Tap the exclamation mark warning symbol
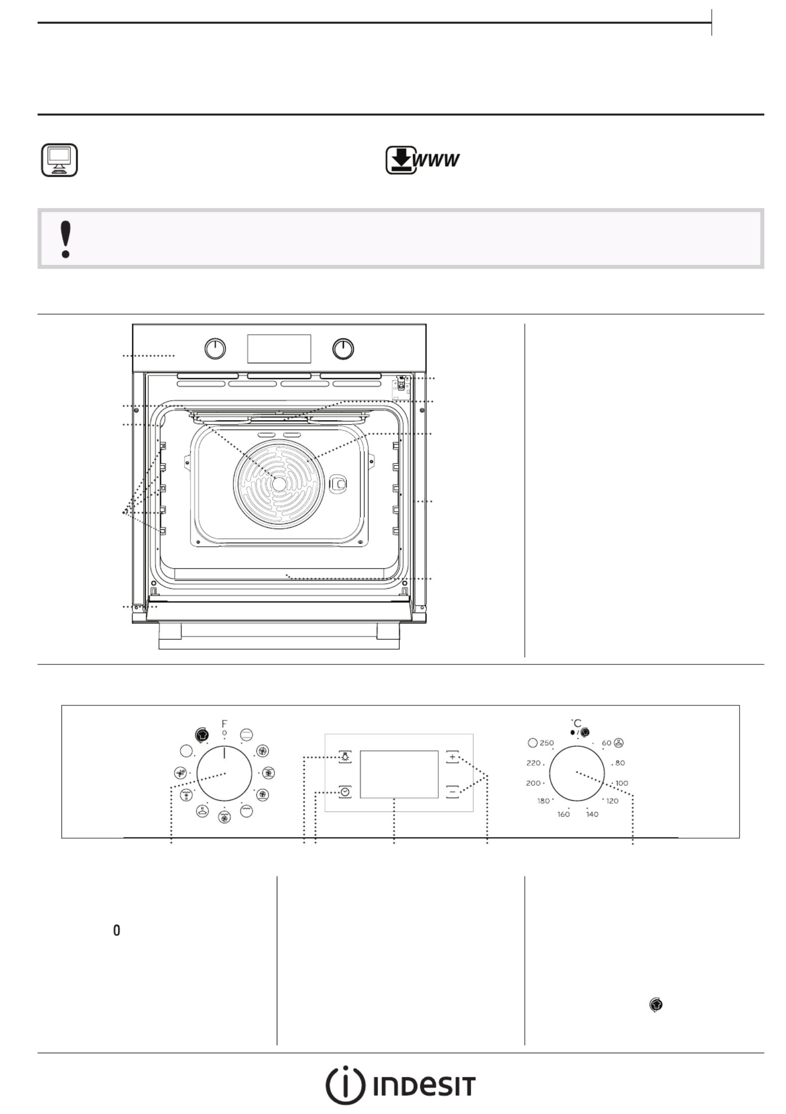65,239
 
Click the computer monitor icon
59,160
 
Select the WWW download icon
422,160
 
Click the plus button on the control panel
452,757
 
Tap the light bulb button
345,757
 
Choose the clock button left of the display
345,792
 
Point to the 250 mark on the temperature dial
547,743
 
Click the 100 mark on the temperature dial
621,783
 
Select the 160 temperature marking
564,814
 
